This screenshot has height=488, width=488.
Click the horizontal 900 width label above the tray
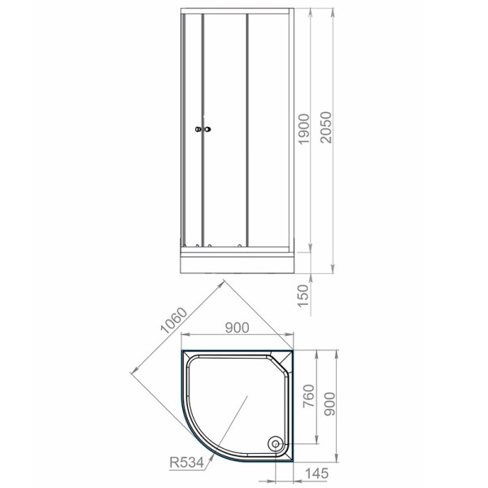(236, 329)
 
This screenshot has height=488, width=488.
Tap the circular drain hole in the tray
(276, 444)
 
